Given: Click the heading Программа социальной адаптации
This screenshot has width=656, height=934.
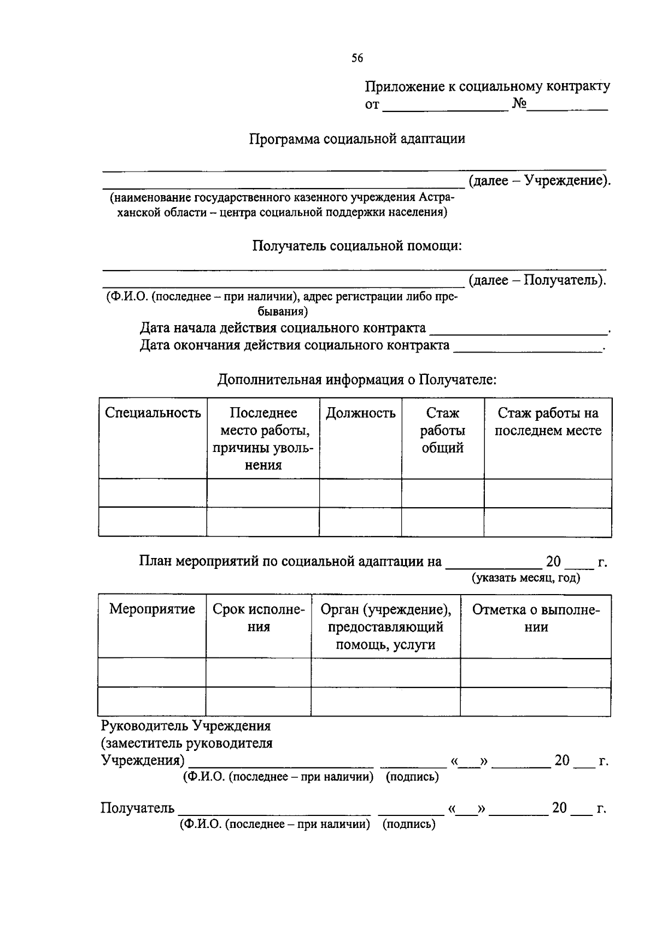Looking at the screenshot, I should (x=357, y=139).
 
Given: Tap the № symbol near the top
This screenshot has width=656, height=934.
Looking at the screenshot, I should (x=519, y=104).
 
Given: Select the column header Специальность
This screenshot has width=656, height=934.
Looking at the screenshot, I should (x=153, y=413).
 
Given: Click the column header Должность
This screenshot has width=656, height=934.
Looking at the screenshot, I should (x=360, y=413).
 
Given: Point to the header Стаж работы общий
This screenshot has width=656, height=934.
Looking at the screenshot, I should (x=442, y=430).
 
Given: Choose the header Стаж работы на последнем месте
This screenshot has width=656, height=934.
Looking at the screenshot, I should (x=548, y=422).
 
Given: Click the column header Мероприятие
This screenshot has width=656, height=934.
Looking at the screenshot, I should (x=152, y=609).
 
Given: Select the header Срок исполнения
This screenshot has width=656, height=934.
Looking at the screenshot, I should (x=259, y=618).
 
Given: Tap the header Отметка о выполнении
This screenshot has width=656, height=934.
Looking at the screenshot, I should (x=536, y=618).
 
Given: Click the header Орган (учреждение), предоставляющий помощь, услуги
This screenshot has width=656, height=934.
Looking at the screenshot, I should (x=385, y=626).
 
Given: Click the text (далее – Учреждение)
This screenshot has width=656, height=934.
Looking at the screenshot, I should (x=539, y=180).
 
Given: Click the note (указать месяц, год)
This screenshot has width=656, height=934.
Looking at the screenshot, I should (x=526, y=578).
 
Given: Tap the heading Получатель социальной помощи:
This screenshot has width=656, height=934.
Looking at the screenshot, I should (x=357, y=246).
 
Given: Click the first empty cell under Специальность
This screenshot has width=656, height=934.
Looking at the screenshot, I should (x=153, y=492).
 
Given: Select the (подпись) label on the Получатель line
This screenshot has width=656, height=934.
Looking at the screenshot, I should (x=409, y=825).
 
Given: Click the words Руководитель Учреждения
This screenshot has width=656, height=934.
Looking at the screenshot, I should (x=186, y=726).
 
